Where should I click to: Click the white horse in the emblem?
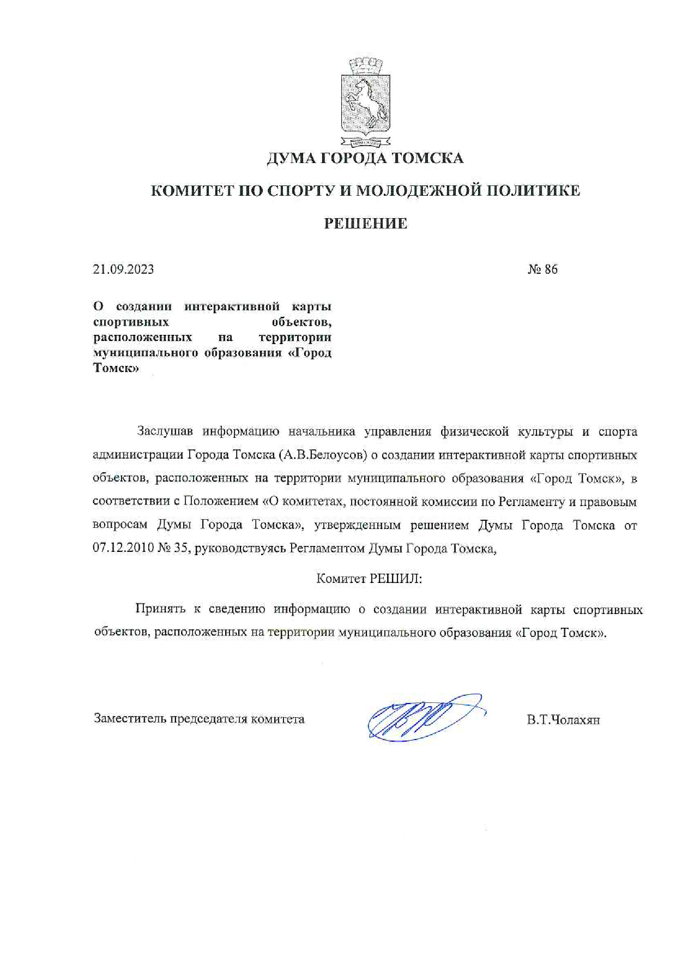366,98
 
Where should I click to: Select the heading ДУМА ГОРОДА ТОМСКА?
365,158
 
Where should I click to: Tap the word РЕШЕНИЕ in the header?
365,224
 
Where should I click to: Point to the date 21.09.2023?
123,269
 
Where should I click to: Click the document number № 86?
542,269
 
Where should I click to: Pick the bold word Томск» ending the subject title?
116,368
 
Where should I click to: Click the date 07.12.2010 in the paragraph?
123,549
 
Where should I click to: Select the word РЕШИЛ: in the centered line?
396,579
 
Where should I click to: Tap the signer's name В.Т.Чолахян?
563,720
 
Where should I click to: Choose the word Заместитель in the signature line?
130,719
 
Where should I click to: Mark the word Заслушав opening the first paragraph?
164,432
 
